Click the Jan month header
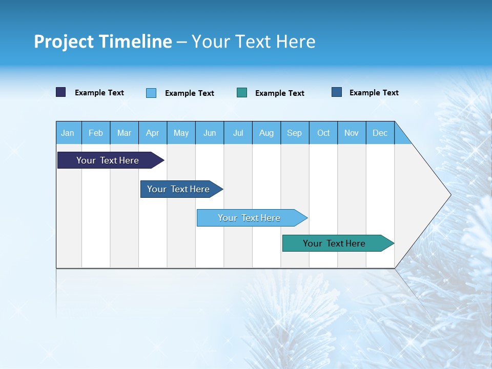pyautogui.click(x=68, y=133)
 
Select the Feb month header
pyautogui.click(x=96, y=133)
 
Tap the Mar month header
pyautogui.click(x=124, y=133)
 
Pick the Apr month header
pyautogui.click(x=153, y=133)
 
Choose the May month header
pyautogui.click(x=181, y=133)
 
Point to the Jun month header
pyautogui.click(x=210, y=133)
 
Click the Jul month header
pyautogui.click(x=238, y=133)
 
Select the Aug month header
pyautogui.click(x=266, y=133)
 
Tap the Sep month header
pyautogui.click(x=295, y=133)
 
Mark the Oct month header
pyautogui.click(x=323, y=133)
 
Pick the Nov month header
pyautogui.click(x=352, y=133)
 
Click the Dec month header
pyautogui.click(x=380, y=133)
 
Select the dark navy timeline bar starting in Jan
pyautogui.click(x=108, y=160)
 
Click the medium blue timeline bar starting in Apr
pyautogui.click(x=179, y=189)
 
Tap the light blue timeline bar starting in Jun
pyautogui.click(x=250, y=218)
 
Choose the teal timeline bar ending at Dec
pyautogui.click(x=335, y=243)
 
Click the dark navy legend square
pyautogui.click(x=61, y=92)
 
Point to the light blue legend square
pyautogui.click(x=151, y=93)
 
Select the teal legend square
pyautogui.click(x=242, y=93)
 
